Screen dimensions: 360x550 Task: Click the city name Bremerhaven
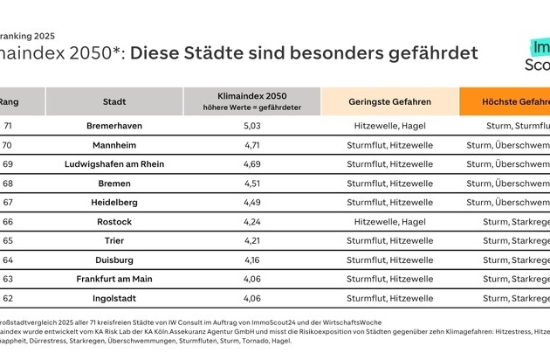coord(114,126)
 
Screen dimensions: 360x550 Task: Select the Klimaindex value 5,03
coord(251,126)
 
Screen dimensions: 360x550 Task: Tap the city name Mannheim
coord(114,145)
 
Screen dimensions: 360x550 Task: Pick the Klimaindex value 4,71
coord(251,145)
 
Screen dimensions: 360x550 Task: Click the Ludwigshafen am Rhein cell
coord(114,164)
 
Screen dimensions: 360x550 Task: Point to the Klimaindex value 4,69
coord(251,164)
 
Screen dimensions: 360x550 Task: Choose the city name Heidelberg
coord(114,203)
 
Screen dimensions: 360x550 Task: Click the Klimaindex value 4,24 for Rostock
coord(251,222)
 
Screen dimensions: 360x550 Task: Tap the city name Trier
coord(114,241)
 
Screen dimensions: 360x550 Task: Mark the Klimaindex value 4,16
coord(251,260)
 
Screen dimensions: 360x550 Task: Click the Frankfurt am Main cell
coord(114,279)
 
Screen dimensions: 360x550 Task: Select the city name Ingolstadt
coord(114,298)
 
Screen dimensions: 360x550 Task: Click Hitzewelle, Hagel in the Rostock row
coord(388,222)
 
